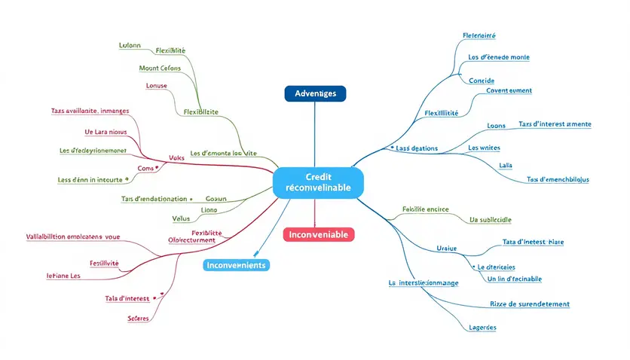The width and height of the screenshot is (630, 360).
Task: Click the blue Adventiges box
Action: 315,93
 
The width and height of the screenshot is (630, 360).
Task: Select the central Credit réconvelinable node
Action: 318,182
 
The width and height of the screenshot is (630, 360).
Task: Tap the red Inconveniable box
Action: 318,234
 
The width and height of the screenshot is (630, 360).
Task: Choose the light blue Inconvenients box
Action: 236,265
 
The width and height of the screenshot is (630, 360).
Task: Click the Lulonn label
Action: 130,45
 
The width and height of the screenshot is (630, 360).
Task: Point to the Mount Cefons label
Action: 160,69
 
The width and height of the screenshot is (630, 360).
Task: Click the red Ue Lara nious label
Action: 106,132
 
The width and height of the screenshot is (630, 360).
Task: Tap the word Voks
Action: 177,157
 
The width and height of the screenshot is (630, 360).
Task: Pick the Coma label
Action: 145,168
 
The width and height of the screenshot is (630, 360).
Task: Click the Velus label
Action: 181,218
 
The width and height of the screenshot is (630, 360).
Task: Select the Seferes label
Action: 139,318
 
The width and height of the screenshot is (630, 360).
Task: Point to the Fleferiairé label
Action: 479,35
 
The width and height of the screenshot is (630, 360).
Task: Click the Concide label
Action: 481,80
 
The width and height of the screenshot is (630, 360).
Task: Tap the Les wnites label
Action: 484,148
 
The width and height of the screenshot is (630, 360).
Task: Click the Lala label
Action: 506,165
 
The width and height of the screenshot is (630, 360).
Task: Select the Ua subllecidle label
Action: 490,220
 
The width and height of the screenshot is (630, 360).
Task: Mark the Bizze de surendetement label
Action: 529,304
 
